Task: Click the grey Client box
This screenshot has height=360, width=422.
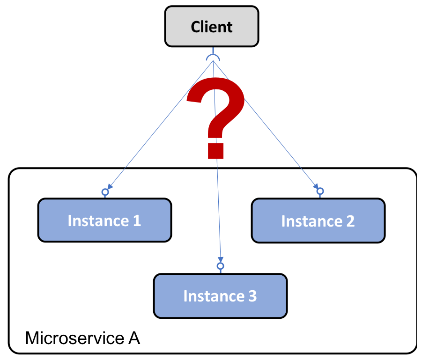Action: pos(212,26)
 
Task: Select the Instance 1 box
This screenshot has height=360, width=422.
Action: pos(104,220)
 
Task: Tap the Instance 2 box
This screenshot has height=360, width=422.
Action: pos(318,220)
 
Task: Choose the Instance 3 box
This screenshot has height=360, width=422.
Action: pos(220,296)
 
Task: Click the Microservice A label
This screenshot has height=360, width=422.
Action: pos(82,338)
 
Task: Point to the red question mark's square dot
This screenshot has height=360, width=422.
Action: pos(215,151)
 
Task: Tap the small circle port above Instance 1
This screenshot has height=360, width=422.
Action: pos(105,192)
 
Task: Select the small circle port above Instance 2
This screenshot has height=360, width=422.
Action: pos(320,191)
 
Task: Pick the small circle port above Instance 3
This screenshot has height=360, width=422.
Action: pos(221,266)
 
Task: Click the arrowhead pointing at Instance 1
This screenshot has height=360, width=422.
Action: pos(110,187)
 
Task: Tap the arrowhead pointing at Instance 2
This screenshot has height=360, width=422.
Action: pos(316,186)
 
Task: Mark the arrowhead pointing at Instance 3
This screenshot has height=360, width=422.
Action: pos(221,260)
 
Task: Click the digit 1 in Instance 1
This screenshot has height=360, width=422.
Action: pos(137,220)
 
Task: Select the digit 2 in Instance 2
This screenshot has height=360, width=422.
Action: pos(350,221)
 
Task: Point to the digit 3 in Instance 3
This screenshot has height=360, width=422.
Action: pos(252,296)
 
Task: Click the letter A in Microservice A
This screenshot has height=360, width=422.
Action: pos(134,338)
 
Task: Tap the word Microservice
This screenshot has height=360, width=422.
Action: pos(75,338)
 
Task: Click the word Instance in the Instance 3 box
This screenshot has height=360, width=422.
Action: pos(214,296)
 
